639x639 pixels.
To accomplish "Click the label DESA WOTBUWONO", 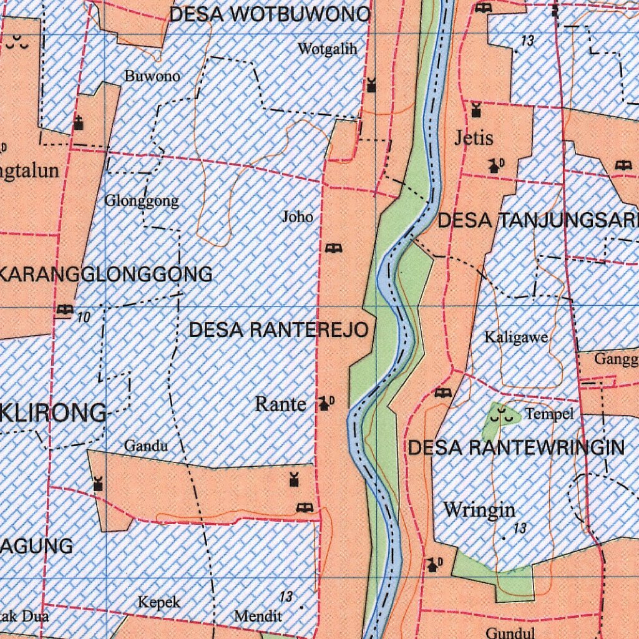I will pos(270,15).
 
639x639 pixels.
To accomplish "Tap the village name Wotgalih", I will pos(328,49).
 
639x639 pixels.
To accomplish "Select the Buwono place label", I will pos(152,76).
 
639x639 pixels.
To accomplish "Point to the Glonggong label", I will pos(142,201).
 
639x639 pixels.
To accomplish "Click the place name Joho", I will pos(298,217).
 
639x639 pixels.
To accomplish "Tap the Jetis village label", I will pos(474,138).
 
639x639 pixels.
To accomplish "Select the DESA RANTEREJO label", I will pos(278,330).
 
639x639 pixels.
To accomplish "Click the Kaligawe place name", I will pos(517,338).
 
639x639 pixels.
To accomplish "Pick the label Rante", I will pos(281,404).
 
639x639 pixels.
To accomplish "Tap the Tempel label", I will pos(549,414).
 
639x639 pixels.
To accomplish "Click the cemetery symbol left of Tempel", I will pos(504,414).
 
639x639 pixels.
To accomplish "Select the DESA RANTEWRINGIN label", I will pos(516,447).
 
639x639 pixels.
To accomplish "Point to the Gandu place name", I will pos(146,446).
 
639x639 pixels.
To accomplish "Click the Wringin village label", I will pos(479,510).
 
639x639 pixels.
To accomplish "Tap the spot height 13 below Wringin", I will pos(520,529).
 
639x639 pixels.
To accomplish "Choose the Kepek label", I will pos(159,602).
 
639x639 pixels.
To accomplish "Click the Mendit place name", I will pos(258,616).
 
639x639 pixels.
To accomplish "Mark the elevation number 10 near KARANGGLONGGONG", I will pos(84,318).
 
